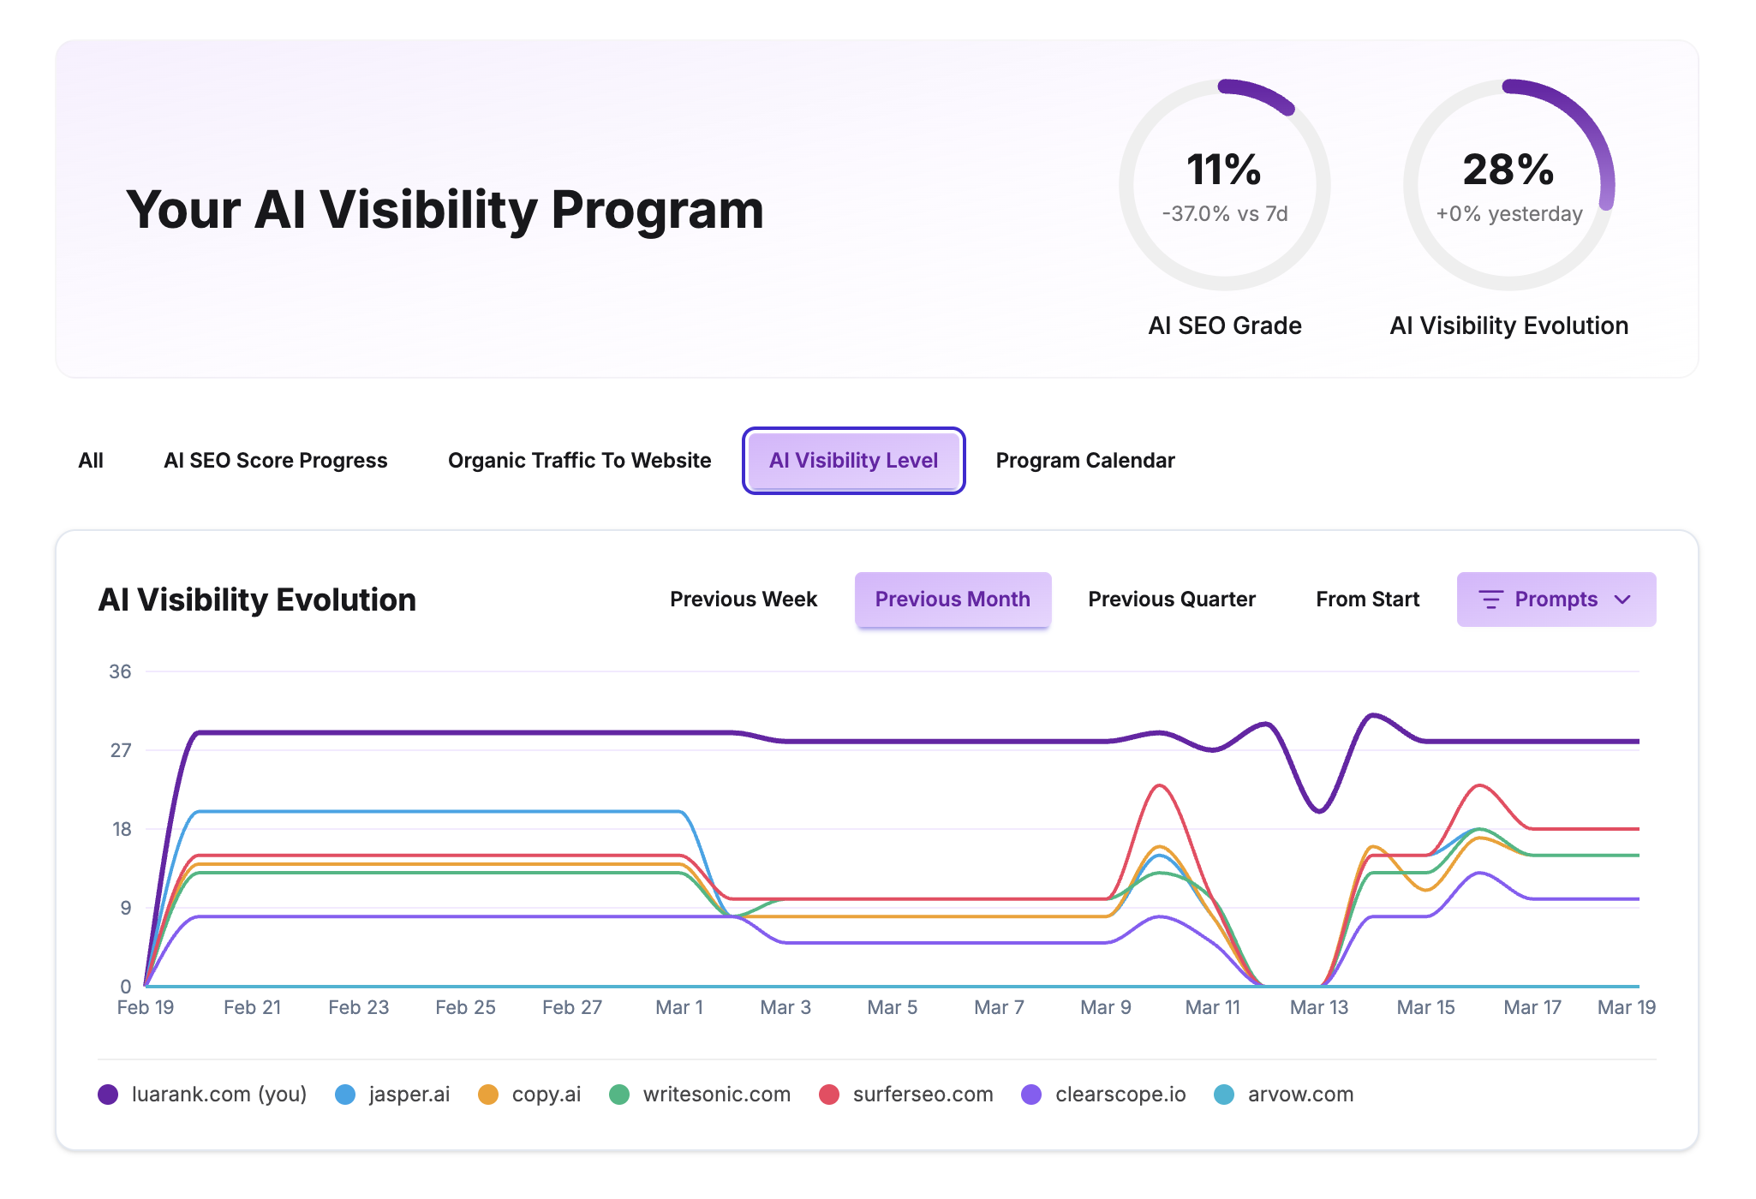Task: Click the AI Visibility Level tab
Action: (853, 461)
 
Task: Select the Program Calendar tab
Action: (1084, 461)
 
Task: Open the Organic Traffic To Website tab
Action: (579, 461)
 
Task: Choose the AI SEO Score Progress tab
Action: (275, 461)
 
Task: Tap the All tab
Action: (91, 461)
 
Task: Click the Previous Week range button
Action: (743, 599)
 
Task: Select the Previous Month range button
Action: (952, 599)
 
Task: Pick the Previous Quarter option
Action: (1171, 599)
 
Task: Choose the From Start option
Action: (1367, 599)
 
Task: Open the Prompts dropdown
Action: (1556, 599)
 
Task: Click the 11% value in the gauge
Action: (1223, 170)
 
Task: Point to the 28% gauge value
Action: (1508, 170)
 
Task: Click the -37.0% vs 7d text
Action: (1224, 214)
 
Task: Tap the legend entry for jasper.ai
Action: (393, 1095)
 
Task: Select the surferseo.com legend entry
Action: (906, 1095)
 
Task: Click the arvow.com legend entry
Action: (1284, 1095)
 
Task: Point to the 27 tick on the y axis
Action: (121, 751)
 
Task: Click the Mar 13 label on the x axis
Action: (1318, 1008)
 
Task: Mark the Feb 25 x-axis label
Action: (465, 1008)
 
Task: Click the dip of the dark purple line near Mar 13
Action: (1319, 810)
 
